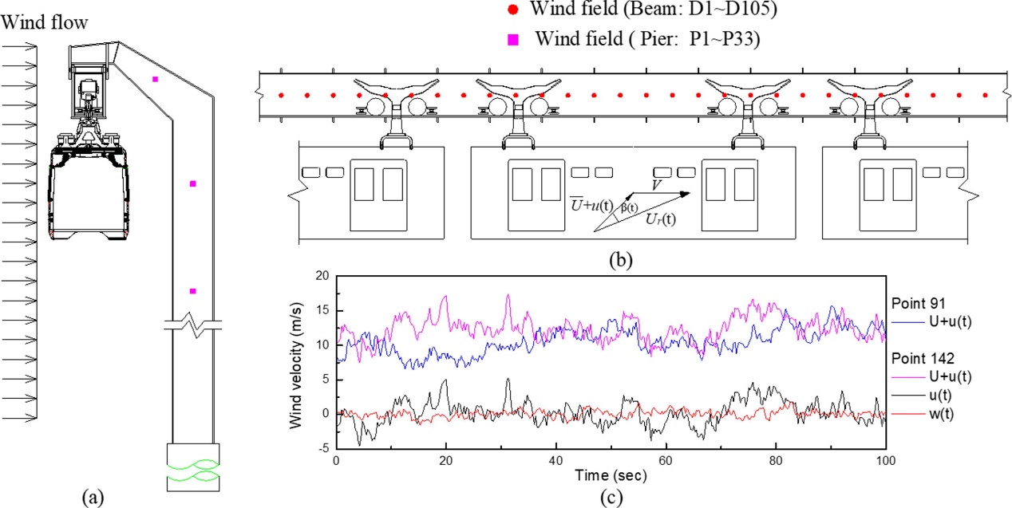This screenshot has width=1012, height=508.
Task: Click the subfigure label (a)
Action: [93, 497]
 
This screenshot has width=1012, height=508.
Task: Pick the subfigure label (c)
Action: [610, 496]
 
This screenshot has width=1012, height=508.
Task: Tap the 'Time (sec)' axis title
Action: [611, 476]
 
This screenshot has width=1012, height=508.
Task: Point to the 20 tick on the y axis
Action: [323, 275]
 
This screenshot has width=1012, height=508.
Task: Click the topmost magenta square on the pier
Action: [156, 79]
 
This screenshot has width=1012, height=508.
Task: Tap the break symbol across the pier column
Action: [192, 325]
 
